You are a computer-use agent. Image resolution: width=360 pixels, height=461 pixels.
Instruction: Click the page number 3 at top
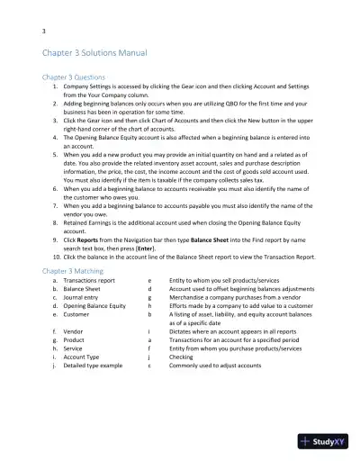(x=44, y=32)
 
